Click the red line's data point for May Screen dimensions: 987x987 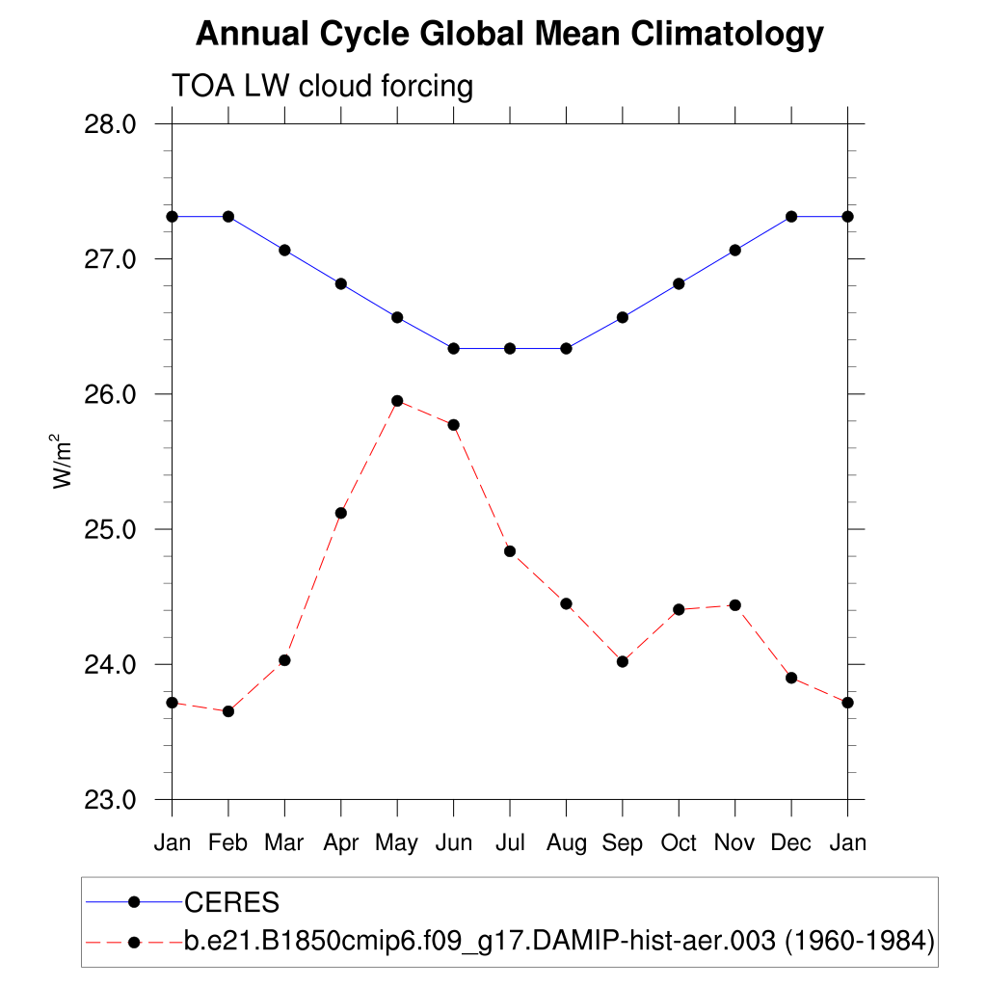(397, 401)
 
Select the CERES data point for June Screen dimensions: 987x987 (453, 348)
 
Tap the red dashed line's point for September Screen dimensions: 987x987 (623, 661)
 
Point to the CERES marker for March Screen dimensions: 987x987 (284, 250)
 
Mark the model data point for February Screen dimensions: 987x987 (228, 711)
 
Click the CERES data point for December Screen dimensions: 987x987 (791, 216)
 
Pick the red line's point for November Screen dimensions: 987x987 (735, 605)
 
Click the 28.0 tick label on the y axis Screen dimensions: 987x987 (111, 124)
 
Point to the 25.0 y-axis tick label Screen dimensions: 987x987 (111, 529)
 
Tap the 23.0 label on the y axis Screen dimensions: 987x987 (111, 800)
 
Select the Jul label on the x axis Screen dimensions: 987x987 (510, 843)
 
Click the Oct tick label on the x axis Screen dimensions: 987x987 (679, 843)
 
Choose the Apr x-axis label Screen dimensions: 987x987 (341, 843)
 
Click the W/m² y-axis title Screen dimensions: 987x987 (63, 462)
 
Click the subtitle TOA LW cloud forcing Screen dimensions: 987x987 (322, 87)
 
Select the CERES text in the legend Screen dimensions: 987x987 (231, 903)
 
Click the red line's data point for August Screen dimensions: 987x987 (567, 603)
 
